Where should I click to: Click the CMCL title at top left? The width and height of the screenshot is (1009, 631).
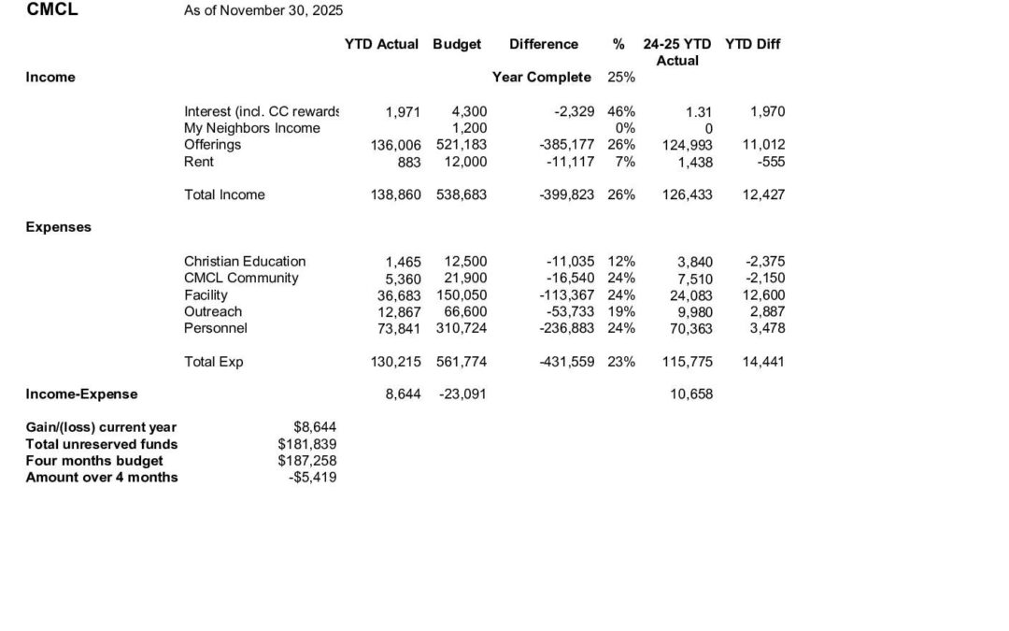[x=52, y=10]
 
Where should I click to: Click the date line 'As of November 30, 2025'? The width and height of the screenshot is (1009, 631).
[x=263, y=11]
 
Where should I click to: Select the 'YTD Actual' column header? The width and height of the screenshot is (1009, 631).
[x=382, y=44]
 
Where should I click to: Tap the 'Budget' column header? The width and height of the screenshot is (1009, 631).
[x=457, y=44]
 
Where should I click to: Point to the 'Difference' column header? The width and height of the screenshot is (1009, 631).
[x=544, y=44]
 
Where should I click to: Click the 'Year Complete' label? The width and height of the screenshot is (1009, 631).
[x=542, y=78]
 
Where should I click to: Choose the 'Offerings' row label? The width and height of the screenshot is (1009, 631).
[x=212, y=145]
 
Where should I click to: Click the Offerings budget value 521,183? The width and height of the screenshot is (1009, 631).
[x=462, y=145]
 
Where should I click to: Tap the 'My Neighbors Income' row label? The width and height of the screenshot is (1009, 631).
[x=252, y=128]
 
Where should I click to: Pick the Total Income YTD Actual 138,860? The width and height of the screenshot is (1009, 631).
[x=396, y=195]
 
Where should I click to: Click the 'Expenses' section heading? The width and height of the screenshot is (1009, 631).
[x=58, y=227]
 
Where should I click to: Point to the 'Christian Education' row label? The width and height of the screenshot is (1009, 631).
[x=245, y=262]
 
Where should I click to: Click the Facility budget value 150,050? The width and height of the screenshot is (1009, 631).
[x=462, y=295]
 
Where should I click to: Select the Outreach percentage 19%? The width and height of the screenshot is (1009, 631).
[x=621, y=312]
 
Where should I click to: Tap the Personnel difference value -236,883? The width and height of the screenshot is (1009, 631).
[x=567, y=329]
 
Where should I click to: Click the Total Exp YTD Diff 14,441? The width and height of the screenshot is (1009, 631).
[x=763, y=363]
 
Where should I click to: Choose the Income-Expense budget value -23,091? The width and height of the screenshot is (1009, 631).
[x=462, y=394]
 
